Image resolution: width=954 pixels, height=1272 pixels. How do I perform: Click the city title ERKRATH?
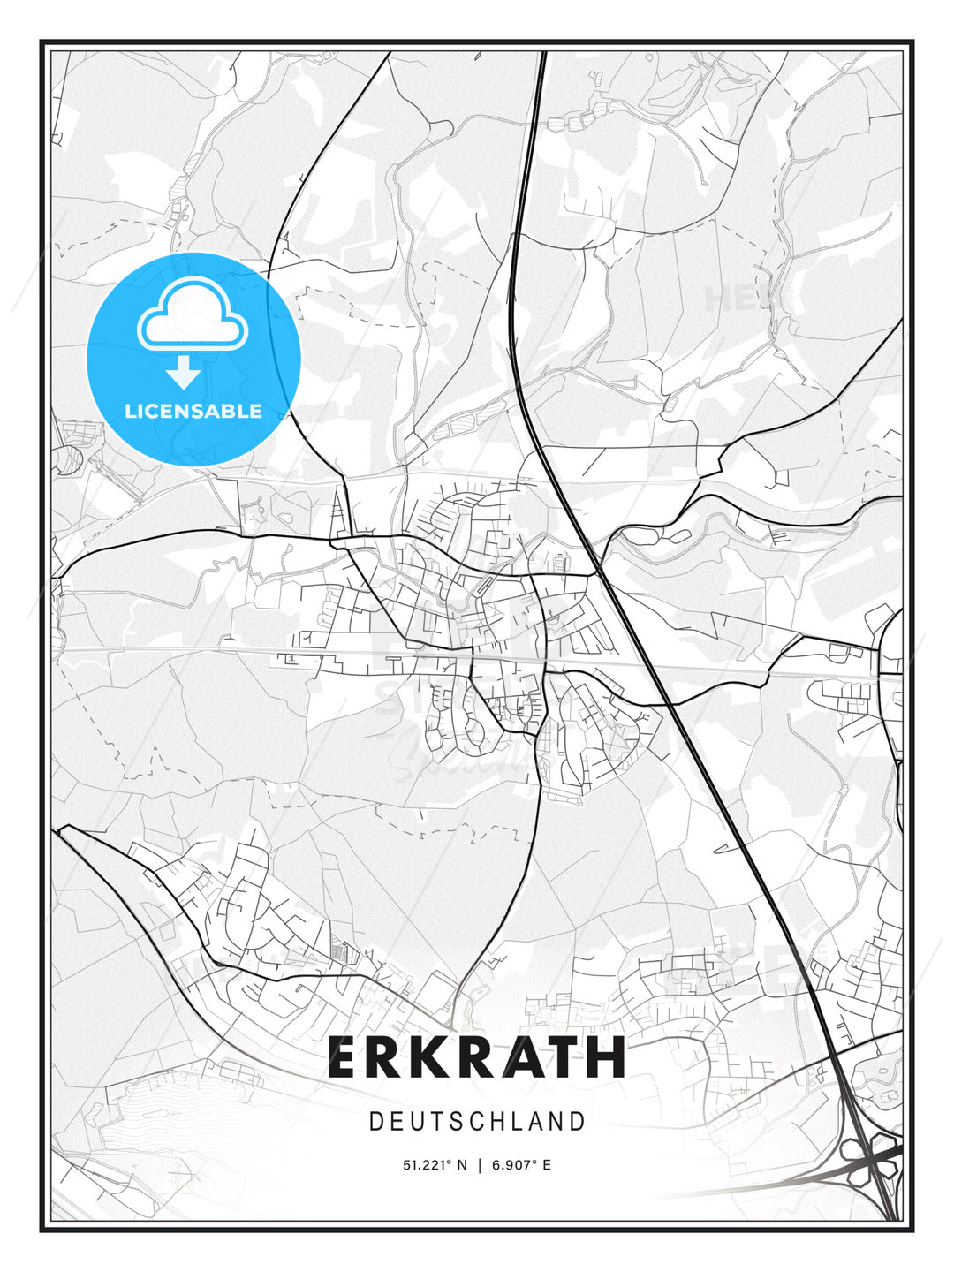tap(477, 1057)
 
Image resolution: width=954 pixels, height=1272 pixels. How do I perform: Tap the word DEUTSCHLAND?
tap(477, 1122)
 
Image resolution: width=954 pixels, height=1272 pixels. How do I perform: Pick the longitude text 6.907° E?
tap(522, 1165)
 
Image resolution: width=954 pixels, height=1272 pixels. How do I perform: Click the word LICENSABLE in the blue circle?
tap(193, 411)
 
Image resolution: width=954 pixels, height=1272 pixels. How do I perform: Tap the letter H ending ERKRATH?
tap(607, 1057)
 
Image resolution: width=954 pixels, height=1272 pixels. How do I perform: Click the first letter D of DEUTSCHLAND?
tap(376, 1122)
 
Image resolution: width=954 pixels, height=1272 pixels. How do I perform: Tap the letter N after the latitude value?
tap(462, 1165)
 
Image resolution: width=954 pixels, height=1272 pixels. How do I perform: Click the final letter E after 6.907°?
tap(547, 1165)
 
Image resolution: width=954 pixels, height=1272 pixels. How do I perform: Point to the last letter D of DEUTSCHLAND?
tap(578, 1122)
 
